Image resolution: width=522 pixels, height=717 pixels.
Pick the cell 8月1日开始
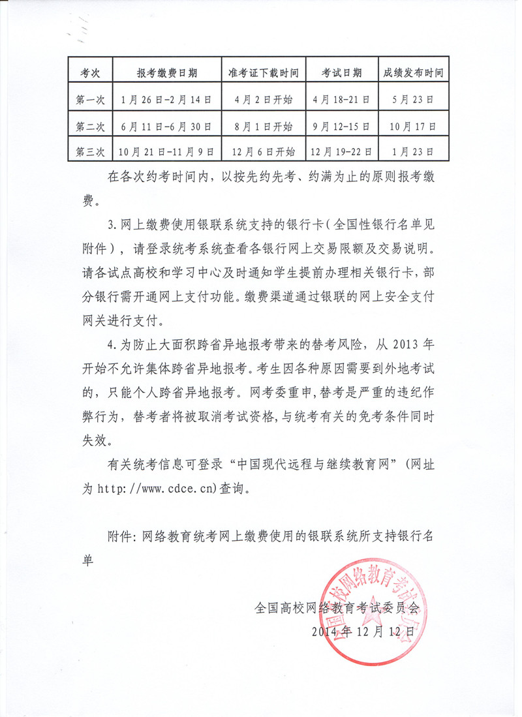263,127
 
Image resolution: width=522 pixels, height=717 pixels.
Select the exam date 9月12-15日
341,127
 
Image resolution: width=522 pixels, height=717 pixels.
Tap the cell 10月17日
413,127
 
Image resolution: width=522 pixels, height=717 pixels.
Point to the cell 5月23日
413,100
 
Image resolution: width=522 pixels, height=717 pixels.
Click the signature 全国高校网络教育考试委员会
337,609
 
